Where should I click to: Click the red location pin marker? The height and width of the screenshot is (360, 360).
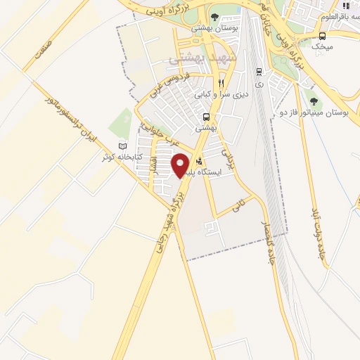[180, 165]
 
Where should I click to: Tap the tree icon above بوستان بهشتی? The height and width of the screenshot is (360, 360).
[214, 18]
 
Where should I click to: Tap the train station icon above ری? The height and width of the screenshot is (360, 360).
[259, 71]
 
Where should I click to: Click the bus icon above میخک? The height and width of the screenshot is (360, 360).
[322, 36]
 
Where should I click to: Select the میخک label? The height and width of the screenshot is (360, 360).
[322, 46]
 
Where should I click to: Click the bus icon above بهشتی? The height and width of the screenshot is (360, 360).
[206, 117]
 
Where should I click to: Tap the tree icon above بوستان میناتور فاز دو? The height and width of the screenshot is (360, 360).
[314, 101]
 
